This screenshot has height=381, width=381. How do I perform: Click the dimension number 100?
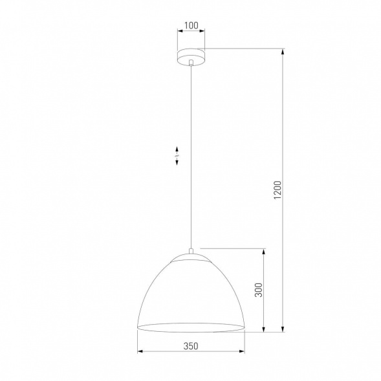click(x=190, y=27)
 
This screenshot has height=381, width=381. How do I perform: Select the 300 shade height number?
click(x=259, y=290)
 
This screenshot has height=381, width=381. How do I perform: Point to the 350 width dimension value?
click(x=190, y=346)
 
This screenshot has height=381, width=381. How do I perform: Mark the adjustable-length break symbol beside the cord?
click(x=178, y=156)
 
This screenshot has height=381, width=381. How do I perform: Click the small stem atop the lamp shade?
click(x=190, y=251)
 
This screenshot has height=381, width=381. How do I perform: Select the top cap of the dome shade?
click(x=190, y=259)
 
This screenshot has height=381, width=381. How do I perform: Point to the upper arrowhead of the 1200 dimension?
click(x=283, y=52)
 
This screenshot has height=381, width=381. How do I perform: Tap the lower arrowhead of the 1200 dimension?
click(x=283, y=329)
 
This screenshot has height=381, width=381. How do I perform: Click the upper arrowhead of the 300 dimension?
click(x=264, y=251)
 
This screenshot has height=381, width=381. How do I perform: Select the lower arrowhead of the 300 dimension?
click(x=264, y=329)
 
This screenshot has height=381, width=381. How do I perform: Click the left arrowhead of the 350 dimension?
click(x=141, y=353)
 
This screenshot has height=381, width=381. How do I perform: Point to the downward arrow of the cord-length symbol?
click(x=178, y=163)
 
